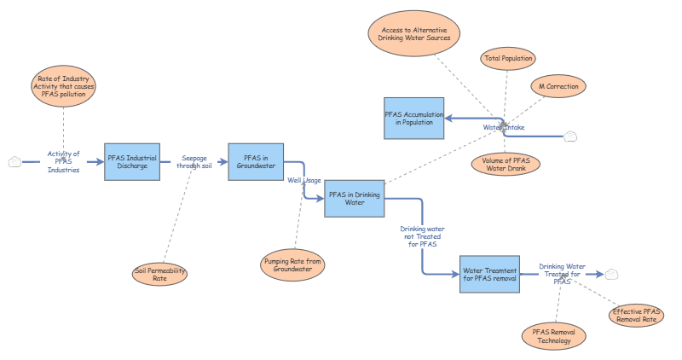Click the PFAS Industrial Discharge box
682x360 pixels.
[133, 161]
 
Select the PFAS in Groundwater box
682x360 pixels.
[255, 161]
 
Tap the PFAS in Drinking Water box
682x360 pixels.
[355, 198]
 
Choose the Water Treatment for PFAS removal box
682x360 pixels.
[489, 274]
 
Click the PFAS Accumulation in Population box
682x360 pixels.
[413, 118]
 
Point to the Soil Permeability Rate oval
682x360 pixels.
[160, 274]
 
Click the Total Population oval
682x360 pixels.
[508, 59]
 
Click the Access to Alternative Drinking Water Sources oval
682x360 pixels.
[415, 34]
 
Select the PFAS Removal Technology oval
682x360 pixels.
[554, 335]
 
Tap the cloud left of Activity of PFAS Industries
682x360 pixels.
[14, 161]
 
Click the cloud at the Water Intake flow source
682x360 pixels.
[571, 136]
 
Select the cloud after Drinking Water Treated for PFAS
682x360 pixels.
[612, 274]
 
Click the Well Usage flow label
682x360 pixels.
[304, 180]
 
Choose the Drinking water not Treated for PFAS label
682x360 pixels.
[422, 236]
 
